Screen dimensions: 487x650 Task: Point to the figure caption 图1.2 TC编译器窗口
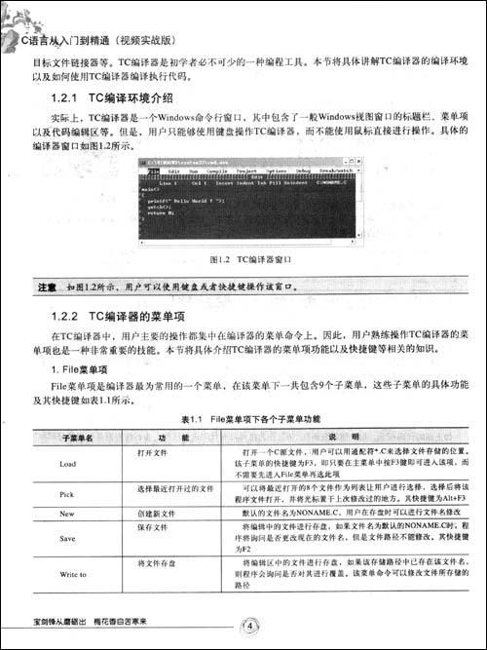(x=247, y=261)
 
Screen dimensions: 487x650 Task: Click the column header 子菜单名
(x=77, y=437)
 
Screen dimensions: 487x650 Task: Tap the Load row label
(x=67, y=464)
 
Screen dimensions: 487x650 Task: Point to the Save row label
(x=67, y=538)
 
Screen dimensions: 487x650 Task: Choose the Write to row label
(x=73, y=575)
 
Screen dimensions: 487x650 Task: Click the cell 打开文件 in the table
(x=154, y=453)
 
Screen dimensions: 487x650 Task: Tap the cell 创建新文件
(x=157, y=513)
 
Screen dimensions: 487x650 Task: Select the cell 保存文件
(x=154, y=527)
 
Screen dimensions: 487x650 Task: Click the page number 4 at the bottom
(x=251, y=626)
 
